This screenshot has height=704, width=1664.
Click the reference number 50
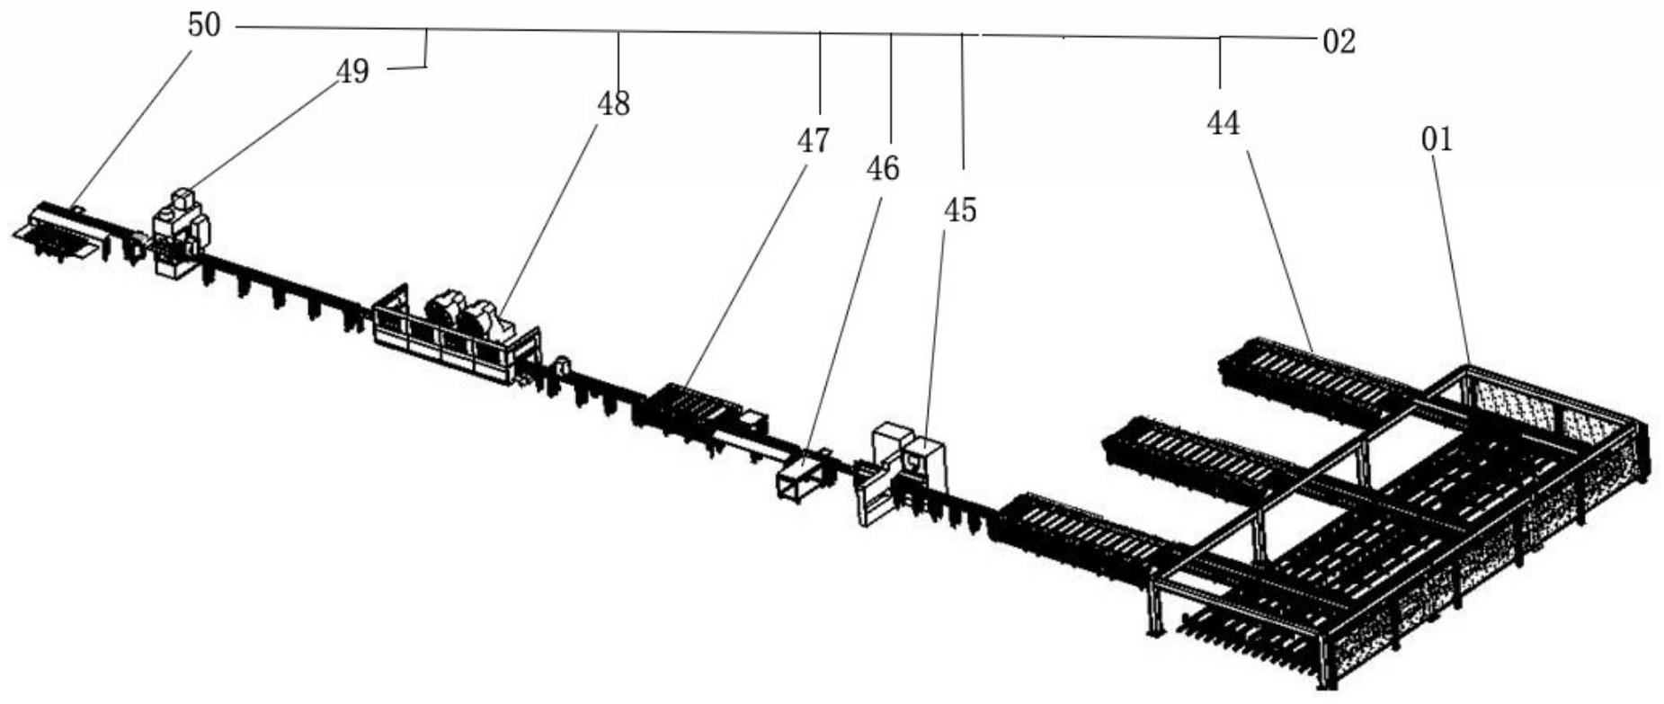tap(204, 25)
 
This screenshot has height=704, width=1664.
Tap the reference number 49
tap(353, 71)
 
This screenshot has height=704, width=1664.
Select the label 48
tap(614, 104)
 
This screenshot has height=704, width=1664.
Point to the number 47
tap(814, 140)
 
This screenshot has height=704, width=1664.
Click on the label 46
tap(883, 167)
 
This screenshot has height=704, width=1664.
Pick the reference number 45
tap(960, 210)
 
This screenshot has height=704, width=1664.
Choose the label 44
tap(1224, 123)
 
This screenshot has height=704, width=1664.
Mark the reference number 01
tap(1437, 139)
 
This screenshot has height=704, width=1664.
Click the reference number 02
tap(1339, 41)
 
